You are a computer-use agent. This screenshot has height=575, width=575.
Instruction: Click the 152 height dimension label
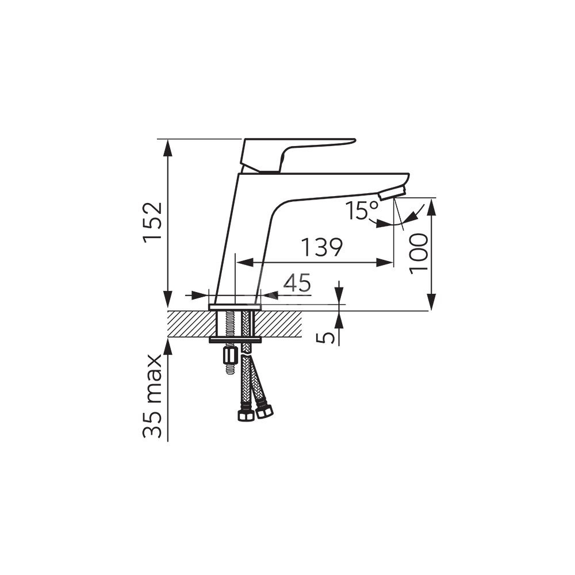153,222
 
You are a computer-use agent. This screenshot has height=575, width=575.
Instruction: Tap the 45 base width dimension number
297,283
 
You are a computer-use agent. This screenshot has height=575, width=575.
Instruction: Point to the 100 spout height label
419,254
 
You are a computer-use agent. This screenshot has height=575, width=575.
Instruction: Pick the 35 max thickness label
152,396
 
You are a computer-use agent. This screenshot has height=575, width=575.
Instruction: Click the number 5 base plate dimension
325,338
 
